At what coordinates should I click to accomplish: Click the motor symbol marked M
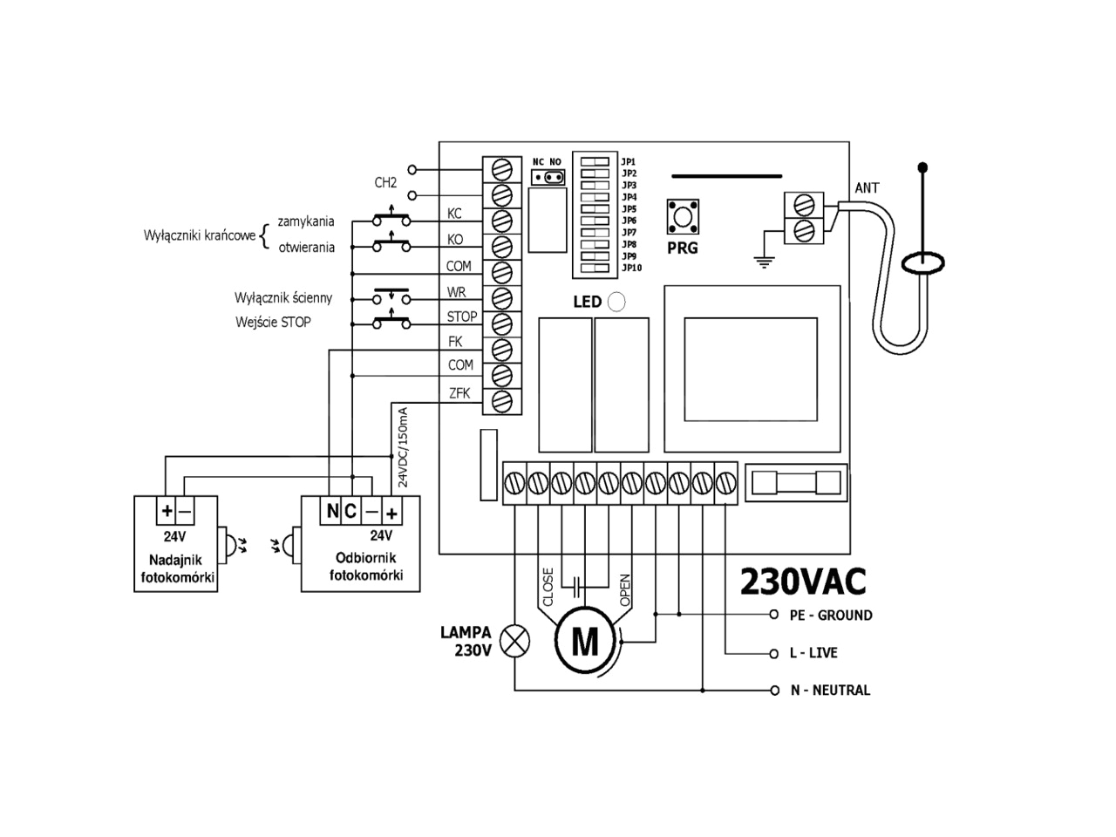tap(584, 643)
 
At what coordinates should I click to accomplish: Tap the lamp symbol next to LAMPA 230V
tap(517, 642)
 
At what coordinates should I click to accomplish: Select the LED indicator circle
tap(616, 302)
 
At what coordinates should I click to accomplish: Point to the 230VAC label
tap(803, 582)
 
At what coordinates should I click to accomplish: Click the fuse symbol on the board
tap(796, 481)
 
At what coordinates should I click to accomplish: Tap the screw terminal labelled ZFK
tap(502, 401)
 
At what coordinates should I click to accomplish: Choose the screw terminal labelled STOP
tap(502, 323)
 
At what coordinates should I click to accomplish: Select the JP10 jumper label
tap(632, 268)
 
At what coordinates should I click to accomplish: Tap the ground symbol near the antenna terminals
tap(764, 259)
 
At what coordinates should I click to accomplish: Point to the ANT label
tap(867, 188)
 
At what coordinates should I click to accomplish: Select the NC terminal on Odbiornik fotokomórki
tap(341, 511)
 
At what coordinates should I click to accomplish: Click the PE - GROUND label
tap(830, 615)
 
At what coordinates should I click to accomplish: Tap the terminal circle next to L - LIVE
tap(773, 653)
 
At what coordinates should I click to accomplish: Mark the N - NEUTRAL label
tap(829, 690)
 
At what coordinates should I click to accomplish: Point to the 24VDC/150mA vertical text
tap(403, 446)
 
